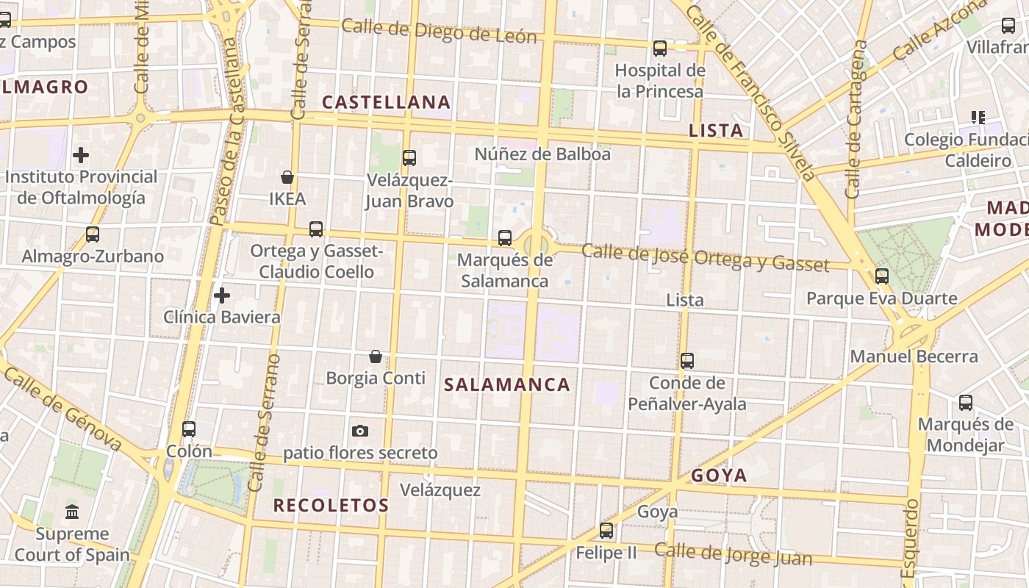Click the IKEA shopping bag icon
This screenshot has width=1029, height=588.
[287, 177]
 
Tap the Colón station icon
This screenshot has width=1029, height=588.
[189, 429]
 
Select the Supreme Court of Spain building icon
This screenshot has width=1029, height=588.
[72, 512]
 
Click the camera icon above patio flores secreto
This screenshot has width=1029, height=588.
[359, 431]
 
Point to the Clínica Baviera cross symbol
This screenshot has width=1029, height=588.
[221, 295]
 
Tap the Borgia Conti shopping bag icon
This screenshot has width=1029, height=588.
[376, 356]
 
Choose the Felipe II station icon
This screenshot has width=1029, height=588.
[606, 530]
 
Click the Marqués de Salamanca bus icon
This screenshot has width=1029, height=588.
[504, 238]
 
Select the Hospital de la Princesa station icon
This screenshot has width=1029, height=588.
[660, 49]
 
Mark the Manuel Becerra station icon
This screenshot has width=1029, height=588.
[881, 276]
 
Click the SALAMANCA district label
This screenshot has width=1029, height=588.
[507, 384]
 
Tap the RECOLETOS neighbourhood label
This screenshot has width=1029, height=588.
[331, 506]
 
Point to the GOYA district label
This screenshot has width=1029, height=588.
[719, 476]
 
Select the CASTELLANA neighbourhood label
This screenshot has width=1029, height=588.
[386, 102]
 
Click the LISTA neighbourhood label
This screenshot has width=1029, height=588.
[716, 131]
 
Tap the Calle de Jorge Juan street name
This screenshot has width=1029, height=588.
[733, 554]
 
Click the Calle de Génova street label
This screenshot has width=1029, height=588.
[62, 409]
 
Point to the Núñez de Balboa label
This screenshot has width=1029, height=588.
[542, 154]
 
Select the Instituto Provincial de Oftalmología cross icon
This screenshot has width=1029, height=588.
[81, 155]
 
